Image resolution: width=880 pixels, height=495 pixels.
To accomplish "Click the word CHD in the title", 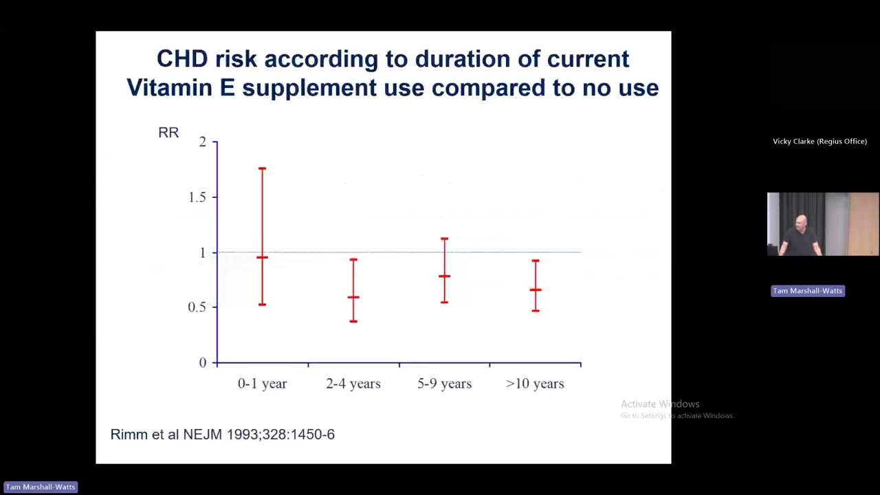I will coord(182,59).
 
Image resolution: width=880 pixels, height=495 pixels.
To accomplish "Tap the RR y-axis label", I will coord(168,133).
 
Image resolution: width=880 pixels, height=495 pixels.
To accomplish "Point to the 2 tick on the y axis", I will coord(202,142).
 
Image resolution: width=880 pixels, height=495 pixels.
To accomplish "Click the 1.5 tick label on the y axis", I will coord(197,197).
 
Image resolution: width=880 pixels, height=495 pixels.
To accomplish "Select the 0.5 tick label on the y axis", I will coord(197,307).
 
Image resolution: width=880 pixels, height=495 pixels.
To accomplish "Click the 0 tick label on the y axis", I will coord(202,363).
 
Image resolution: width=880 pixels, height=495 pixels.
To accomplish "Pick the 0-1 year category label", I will coord(262,384).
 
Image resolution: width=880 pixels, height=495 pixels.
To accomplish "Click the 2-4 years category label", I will coord(353,384).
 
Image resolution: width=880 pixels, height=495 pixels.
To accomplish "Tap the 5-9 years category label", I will coord(444,384).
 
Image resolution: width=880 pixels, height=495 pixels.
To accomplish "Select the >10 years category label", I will coord(535,384).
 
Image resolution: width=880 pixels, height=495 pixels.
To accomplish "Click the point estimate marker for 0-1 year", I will coord(262,257).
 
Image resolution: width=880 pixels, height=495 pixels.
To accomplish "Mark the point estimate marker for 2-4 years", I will coord(353,297).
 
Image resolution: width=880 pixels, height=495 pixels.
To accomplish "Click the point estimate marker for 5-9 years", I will coord(445,276).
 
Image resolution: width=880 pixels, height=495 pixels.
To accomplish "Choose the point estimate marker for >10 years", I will coord(536,290).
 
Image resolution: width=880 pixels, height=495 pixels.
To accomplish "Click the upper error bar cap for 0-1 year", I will coord(262,168).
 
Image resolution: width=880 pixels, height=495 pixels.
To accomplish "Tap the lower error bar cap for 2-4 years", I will coord(353,321).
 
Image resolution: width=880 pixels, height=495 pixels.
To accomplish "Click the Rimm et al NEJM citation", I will coord(223,434).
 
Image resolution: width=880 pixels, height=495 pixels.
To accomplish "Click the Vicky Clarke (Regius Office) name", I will coord(819,142).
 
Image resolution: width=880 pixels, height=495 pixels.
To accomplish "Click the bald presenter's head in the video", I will coord(802,221).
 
